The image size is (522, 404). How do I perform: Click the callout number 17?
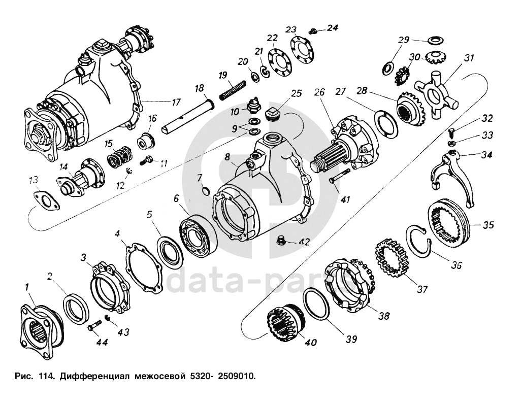pyautogui.click(x=175, y=102)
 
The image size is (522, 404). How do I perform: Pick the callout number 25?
pyautogui.click(x=297, y=93)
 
